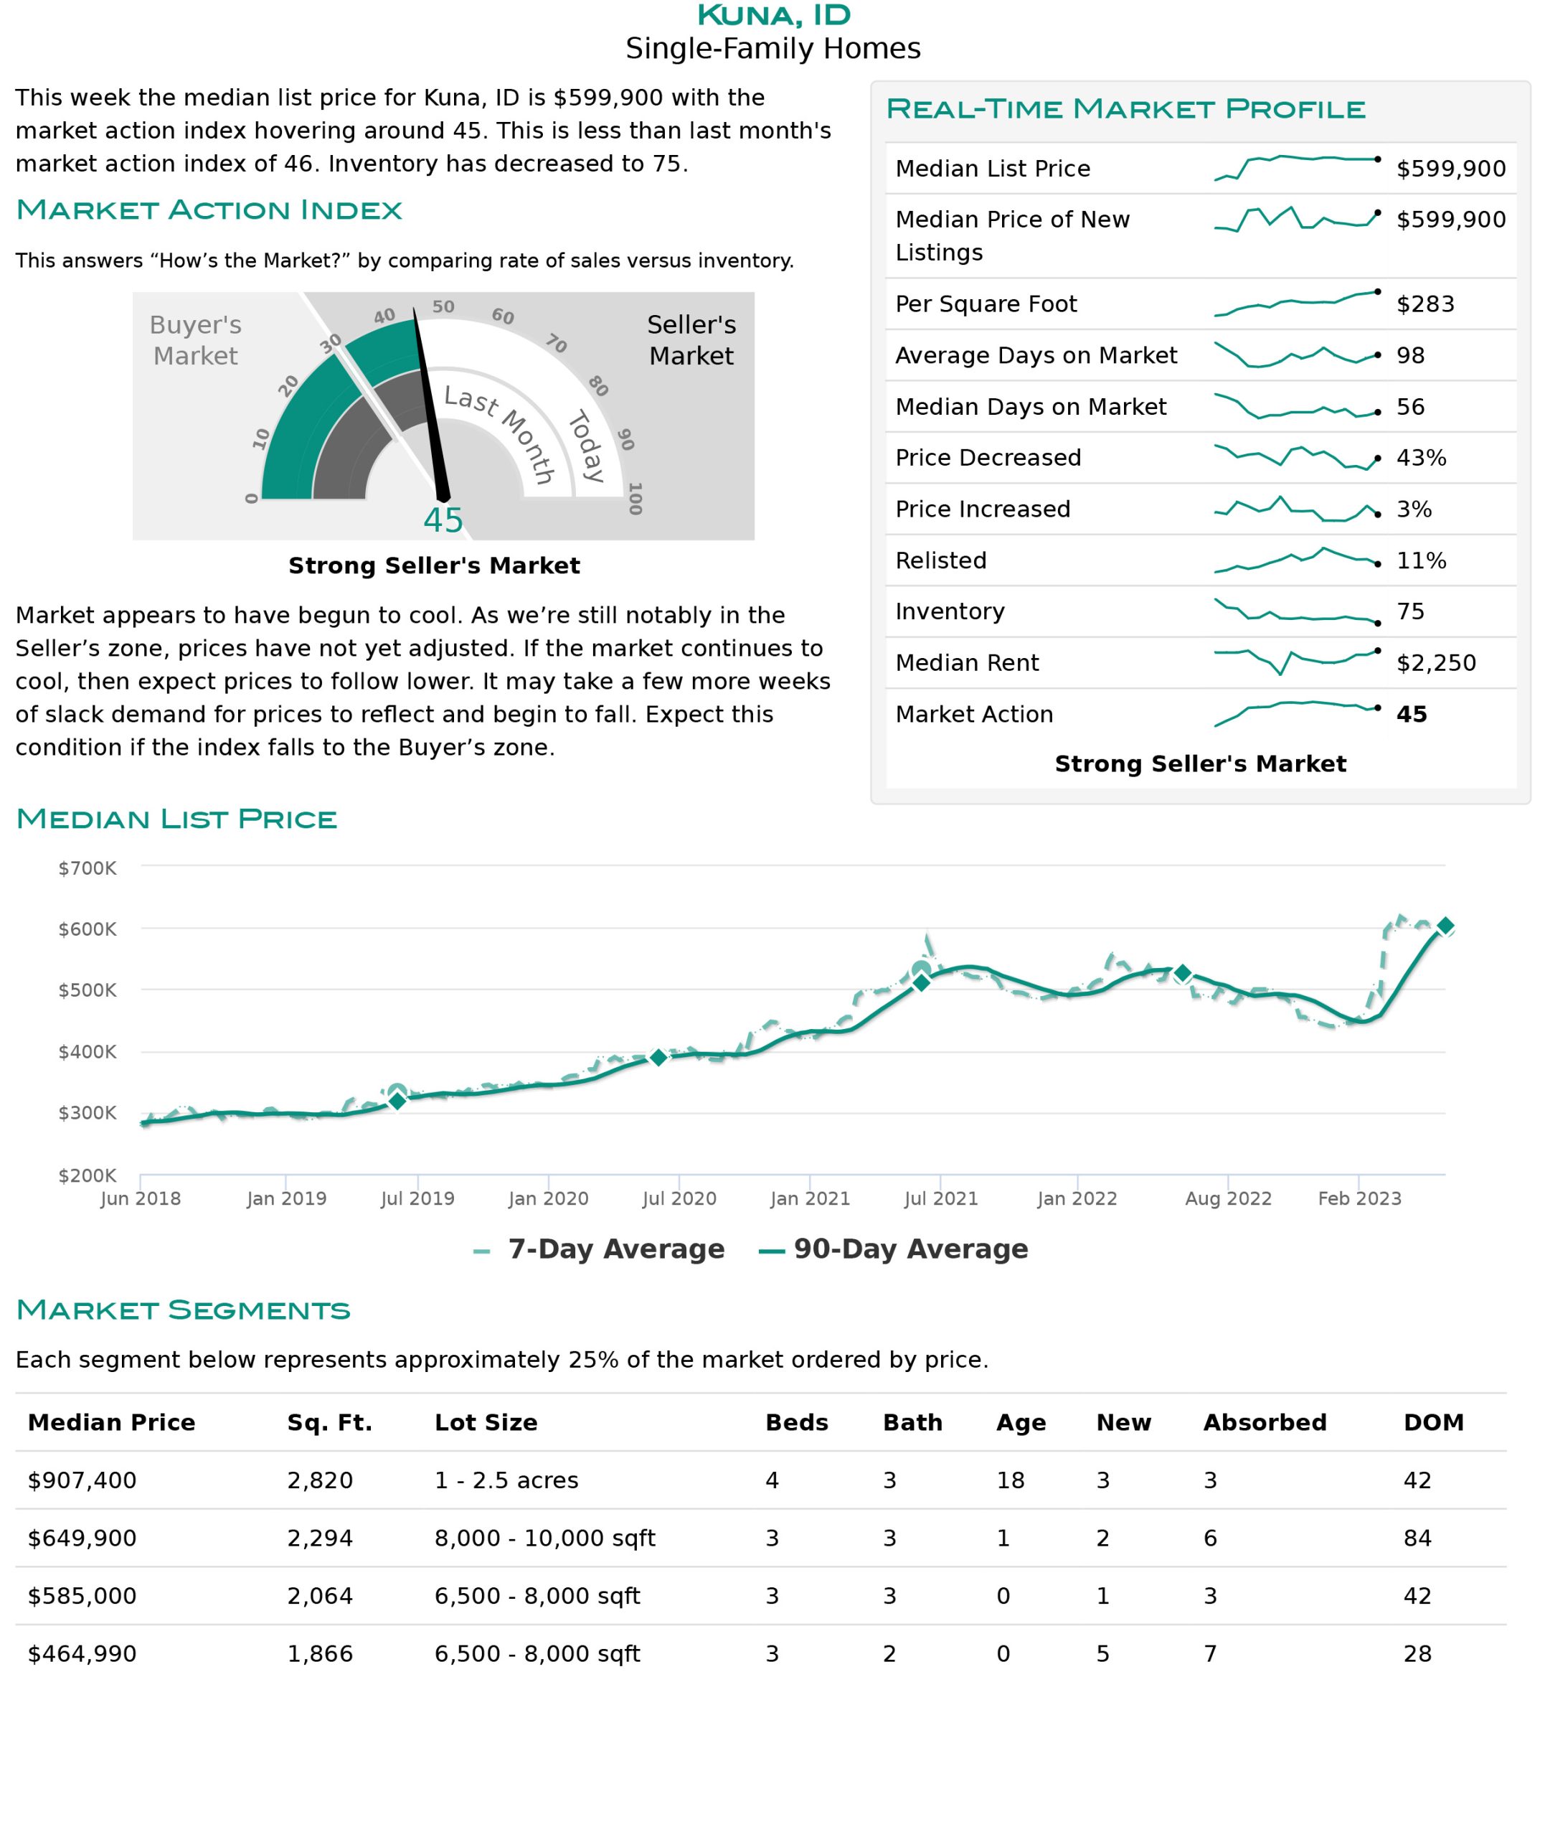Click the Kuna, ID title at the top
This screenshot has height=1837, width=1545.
pyautogui.click(x=773, y=15)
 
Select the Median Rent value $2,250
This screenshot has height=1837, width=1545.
pyautogui.click(x=1435, y=663)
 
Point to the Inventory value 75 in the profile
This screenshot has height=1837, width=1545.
pyautogui.click(x=1410, y=611)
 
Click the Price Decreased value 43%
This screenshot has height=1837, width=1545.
pyautogui.click(x=1421, y=457)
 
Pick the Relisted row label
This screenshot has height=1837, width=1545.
pyautogui.click(x=940, y=560)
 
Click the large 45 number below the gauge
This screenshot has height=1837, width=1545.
pyautogui.click(x=443, y=520)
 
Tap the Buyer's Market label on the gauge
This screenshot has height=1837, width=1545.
pyautogui.click(x=195, y=340)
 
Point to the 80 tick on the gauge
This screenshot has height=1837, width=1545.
pyautogui.click(x=598, y=385)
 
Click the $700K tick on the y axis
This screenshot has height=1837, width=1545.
pyautogui.click(x=87, y=868)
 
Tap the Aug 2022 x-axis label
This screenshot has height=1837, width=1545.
pyautogui.click(x=1228, y=1198)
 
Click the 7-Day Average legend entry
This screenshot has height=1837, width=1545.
pyautogui.click(x=599, y=1249)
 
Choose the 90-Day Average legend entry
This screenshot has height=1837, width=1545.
pyautogui.click(x=894, y=1249)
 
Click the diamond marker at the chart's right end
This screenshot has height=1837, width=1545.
pyautogui.click(x=1445, y=926)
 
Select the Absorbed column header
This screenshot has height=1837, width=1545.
pyautogui.click(x=1265, y=1423)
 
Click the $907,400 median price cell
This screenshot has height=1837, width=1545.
pyautogui.click(x=82, y=1480)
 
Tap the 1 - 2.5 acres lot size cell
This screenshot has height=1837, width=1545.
pyautogui.click(x=506, y=1480)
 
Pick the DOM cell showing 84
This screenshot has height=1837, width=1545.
pyautogui.click(x=1417, y=1538)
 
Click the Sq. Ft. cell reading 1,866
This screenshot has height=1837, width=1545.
pyautogui.click(x=320, y=1654)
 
